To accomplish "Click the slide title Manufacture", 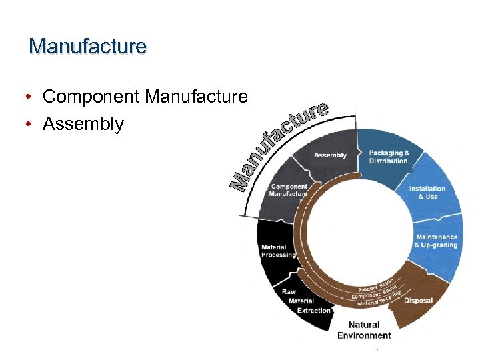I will tap(87, 47).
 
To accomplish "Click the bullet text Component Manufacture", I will tap(145, 97).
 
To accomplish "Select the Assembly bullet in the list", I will tap(83, 124).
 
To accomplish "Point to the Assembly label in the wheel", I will tap(330, 155).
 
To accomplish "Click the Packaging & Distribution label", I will tap(389, 157).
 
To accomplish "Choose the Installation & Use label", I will tap(427, 193).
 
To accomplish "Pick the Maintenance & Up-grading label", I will tap(436, 241).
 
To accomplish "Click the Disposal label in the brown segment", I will tap(418, 301).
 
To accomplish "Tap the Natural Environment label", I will tap(364, 330).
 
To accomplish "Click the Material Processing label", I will tap(278, 251).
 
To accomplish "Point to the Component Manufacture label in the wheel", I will tap(289, 190).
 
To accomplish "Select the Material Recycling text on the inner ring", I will tap(379, 299).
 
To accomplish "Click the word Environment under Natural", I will tap(364, 335).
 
